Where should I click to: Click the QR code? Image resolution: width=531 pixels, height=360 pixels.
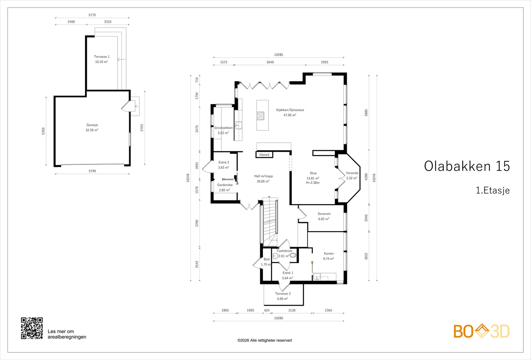point(32,328)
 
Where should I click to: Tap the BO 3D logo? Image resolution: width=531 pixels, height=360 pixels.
point(482,331)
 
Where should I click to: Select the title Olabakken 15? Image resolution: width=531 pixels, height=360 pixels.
point(467,166)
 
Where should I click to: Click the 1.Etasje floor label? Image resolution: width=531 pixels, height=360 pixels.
point(493,190)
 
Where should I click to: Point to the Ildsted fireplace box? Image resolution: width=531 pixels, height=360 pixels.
point(264,155)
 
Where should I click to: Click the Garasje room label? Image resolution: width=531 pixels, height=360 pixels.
point(92,125)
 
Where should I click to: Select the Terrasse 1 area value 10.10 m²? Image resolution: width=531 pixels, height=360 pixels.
point(102,62)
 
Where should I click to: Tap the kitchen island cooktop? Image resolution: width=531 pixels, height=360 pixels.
point(260,116)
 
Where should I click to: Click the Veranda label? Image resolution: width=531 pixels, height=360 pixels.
point(352,173)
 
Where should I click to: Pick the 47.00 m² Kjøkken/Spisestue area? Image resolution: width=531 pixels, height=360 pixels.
point(290,115)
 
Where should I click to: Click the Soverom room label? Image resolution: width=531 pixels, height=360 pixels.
point(324,214)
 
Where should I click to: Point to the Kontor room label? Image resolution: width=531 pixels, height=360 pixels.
point(329,253)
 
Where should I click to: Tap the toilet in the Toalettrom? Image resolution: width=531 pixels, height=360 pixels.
point(293,255)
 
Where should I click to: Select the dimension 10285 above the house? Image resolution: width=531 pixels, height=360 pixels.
point(278,55)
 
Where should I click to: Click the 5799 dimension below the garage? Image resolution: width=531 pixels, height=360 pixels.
point(92,171)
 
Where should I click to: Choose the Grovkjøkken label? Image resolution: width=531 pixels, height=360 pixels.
point(224,128)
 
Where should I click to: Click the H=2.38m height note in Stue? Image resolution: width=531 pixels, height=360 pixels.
point(313,183)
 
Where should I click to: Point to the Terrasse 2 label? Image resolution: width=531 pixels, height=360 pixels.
point(283,293)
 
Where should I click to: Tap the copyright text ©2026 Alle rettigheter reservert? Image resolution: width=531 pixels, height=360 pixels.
point(265,340)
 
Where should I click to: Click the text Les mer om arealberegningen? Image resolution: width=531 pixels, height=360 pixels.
point(67,334)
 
